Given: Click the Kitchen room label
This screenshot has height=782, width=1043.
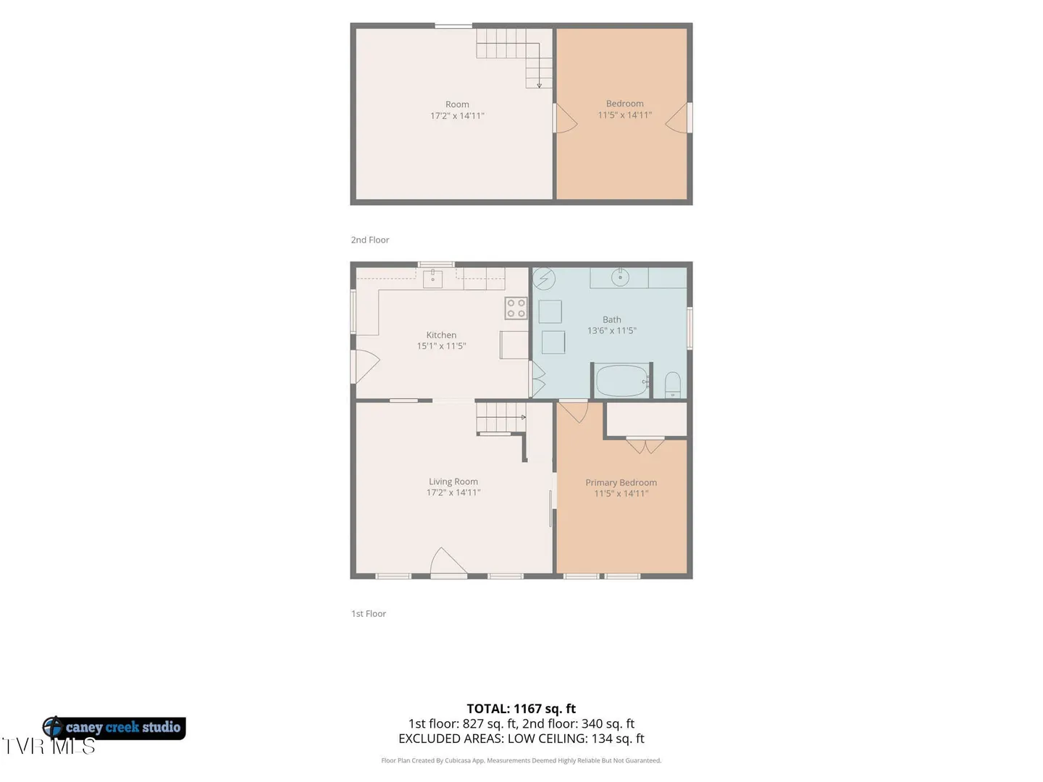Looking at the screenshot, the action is (x=441, y=335).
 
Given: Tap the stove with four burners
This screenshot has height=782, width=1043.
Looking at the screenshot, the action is (x=516, y=308).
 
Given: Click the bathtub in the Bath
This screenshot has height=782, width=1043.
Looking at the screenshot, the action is (x=622, y=380).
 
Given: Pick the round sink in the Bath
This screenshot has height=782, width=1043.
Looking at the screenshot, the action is (x=620, y=277).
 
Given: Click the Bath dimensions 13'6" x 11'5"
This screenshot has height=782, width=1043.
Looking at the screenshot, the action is (x=611, y=330).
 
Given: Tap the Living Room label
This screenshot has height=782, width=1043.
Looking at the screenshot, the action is (x=453, y=482).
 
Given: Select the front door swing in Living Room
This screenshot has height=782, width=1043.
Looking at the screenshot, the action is (x=447, y=560).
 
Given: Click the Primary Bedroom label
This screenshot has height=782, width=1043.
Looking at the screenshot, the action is (x=621, y=482).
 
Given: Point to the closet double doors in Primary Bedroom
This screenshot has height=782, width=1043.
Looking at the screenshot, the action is (x=645, y=446).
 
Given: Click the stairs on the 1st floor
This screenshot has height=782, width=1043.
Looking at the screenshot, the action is (x=500, y=417).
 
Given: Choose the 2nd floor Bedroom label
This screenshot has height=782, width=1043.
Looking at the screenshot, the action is (x=624, y=104).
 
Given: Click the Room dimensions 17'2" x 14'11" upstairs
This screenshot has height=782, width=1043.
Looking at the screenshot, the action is (x=457, y=116).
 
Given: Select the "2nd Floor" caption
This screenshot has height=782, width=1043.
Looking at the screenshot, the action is (x=369, y=240).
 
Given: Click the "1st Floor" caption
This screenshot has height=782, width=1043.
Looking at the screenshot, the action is (x=368, y=613).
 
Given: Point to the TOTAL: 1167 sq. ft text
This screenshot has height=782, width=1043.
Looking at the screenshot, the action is (x=521, y=708).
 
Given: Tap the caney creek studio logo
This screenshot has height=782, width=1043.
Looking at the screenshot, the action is (x=114, y=728).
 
